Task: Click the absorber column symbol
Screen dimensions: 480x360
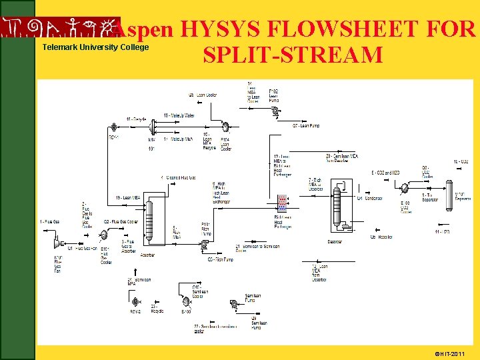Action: [x=149, y=221]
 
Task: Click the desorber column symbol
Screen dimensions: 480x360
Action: [x=337, y=207]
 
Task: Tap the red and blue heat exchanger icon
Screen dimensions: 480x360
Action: [x=282, y=204]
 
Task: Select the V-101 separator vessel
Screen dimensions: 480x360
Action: [x=449, y=191]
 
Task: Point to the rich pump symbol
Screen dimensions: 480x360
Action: [x=203, y=245]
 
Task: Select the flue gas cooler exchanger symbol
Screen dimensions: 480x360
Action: [x=103, y=235]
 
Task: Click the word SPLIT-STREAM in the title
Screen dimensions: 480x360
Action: [x=293, y=55]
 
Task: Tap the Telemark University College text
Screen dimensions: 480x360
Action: [x=95, y=47]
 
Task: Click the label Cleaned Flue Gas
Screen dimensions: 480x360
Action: [x=179, y=177]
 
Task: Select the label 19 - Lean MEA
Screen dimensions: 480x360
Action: [x=127, y=197]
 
